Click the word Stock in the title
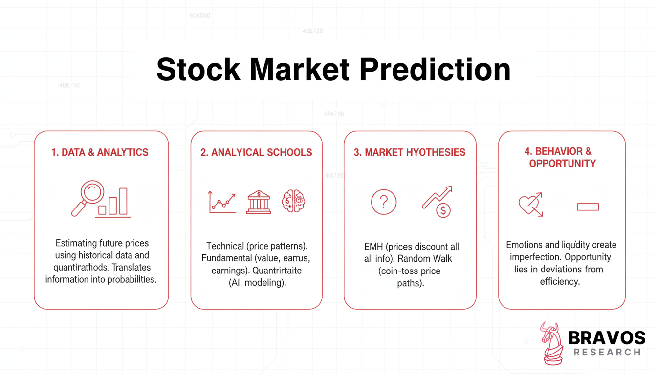tap(198, 69)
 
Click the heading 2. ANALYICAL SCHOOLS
tap(256, 153)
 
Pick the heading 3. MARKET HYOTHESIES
tap(410, 153)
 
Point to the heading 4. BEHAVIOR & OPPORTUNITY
tap(562, 157)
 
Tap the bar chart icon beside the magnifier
tap(114, 202)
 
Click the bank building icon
tap(259, 202)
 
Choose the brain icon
tap(293, 202)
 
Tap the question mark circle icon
tap(384, 202)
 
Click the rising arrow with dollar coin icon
tap(438, 202)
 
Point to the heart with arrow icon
tap(531, 205)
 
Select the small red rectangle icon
tap(588, 207)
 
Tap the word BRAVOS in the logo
tap(607, 338)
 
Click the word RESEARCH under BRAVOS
tap(607, 352)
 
